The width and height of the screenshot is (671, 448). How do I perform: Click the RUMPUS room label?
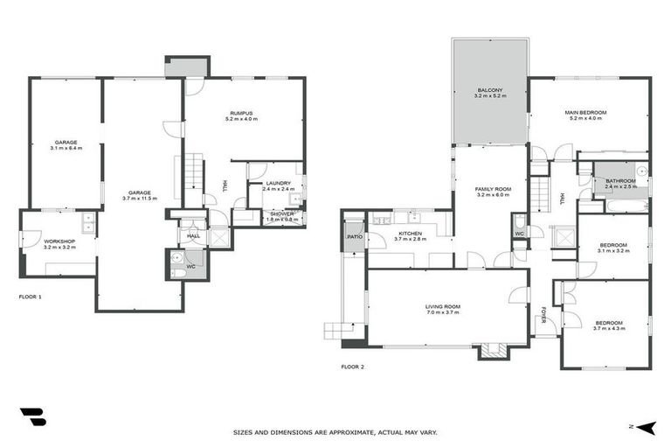coord(241,113)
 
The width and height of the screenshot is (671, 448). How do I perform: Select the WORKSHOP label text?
coord(59,241)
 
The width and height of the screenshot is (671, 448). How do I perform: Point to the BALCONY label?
coord(489,89)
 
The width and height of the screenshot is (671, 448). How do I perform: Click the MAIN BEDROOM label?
coord(585,113)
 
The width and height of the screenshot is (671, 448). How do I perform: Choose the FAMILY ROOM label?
coord(493,189)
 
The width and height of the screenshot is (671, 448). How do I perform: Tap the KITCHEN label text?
coord(410,234)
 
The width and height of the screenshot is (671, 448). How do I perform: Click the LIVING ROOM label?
coord(443,306)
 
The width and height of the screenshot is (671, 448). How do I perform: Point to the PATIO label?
coord(354,237)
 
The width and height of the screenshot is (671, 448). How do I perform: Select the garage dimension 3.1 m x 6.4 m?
coord(66,149)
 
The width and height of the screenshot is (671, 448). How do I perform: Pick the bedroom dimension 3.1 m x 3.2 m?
coord(612,251)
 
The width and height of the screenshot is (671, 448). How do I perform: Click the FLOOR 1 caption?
coord(31,297)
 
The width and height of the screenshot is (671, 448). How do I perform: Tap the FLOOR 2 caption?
coord(352,367)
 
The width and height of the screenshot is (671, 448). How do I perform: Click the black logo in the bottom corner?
coord(32,417)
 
